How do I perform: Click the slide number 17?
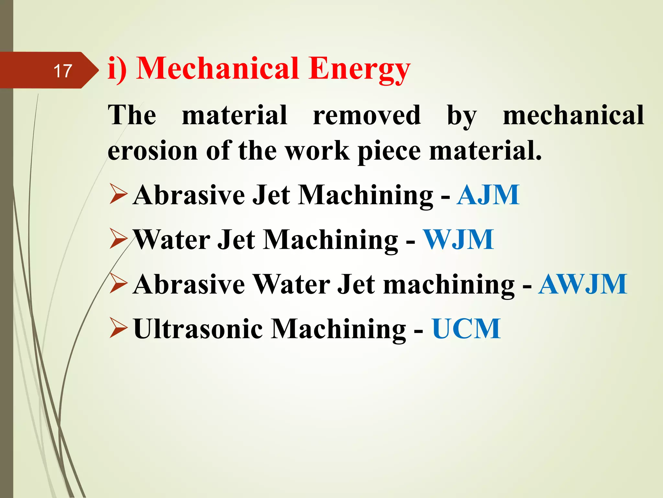[62, 71]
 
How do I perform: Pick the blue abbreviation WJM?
[459, 240]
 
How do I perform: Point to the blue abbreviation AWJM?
[582, 284]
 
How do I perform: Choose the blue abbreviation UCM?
[466, 329]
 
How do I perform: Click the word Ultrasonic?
[198, 329]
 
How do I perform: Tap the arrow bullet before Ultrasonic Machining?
[118, 328]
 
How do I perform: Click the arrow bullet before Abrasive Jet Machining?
[118, 194]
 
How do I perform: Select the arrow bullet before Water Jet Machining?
[118, 238]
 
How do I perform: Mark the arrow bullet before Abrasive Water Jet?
[118, 283]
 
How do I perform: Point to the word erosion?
[152, 151]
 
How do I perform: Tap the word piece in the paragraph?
[389, 151]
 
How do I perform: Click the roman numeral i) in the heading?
[117, 69]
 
